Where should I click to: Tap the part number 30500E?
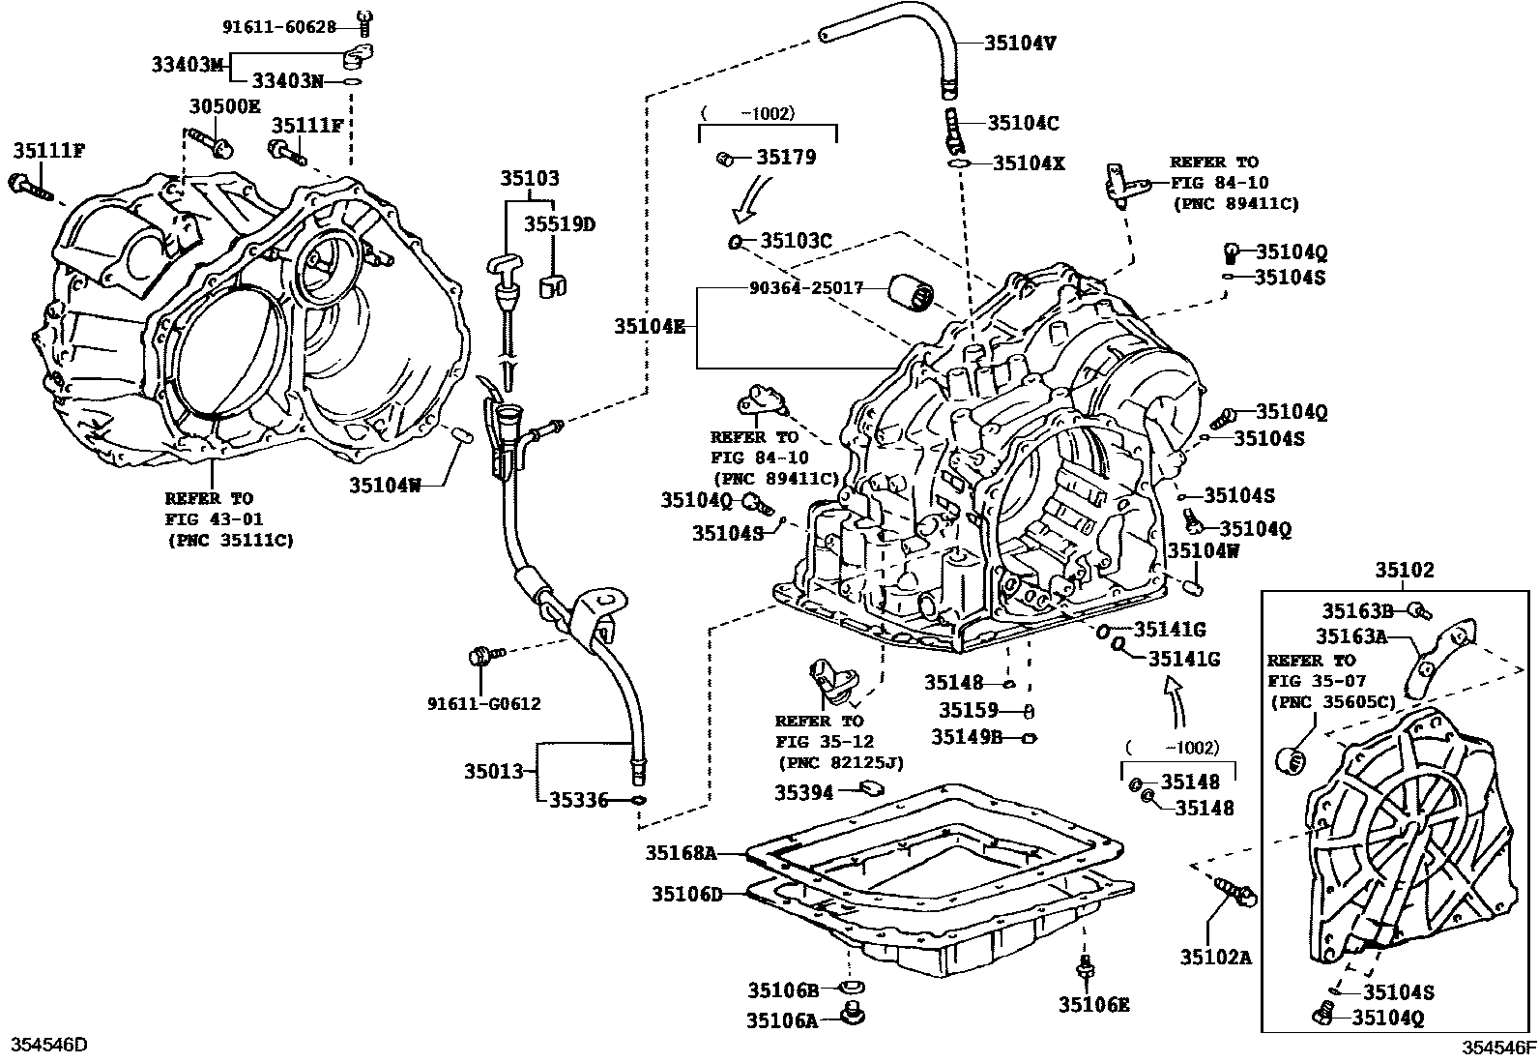pyautogui.click(x=224, y=107)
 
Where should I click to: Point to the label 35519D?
pyautogui.click(x=560, y=224)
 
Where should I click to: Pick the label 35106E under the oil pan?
pyautogui.click(x=1093, y=1005)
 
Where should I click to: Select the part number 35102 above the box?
pyautogui.click(x=1406, y=571)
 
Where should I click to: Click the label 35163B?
pyautogui.click(x=1357, y=610)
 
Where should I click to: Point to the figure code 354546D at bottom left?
pyautogui.click(x=48, y=1045)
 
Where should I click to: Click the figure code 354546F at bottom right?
pyautogui.click(x=1497, y=1047)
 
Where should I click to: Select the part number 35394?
pyautogui.click(x=803, y=792)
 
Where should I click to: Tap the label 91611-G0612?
pyautogui.click(x=484, y=703)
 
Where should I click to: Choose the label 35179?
pyautogui.click(x=786, y=157)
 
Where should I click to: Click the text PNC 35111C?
pyautogui.click(x=230, y=539)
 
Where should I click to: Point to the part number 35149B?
pyautogui.click(x=967, y=737)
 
